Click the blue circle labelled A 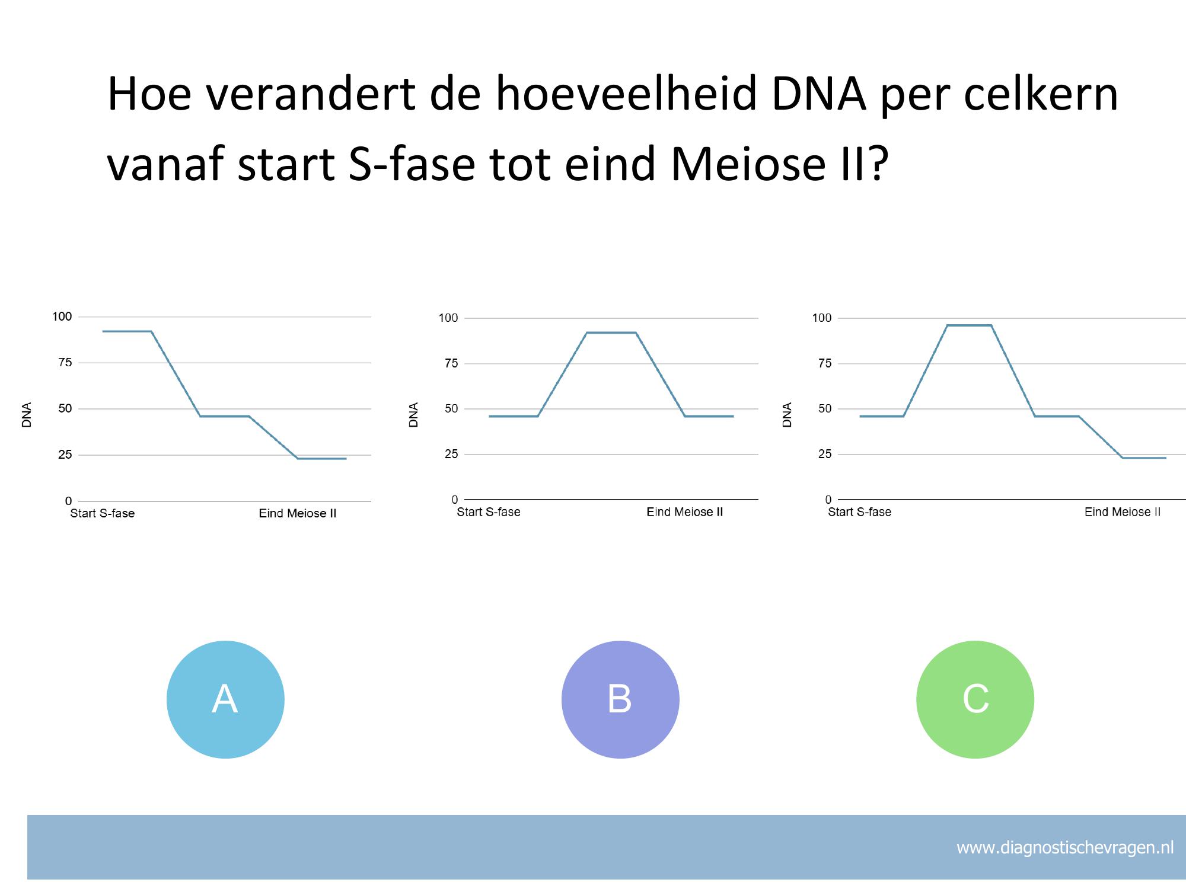tap(225, 699)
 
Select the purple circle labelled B tap(620, 699)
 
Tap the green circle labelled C tap(975, 699)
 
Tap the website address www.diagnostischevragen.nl tap(1065, 848)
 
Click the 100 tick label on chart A tap(62, 316)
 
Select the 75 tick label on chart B tap(451, 363)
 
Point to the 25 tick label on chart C tap(825, 454)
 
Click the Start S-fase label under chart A tap(103, 513)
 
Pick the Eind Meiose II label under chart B tap(685, 512)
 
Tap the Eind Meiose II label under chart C tap(1123, 512)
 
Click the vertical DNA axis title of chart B tap(414, 415)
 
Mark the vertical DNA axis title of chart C tap(788, 415)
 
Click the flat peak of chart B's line tap(611, 332)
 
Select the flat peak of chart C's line tap(969, 325)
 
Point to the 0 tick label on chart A tap(68, 501)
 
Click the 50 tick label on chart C tap(825, 408)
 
